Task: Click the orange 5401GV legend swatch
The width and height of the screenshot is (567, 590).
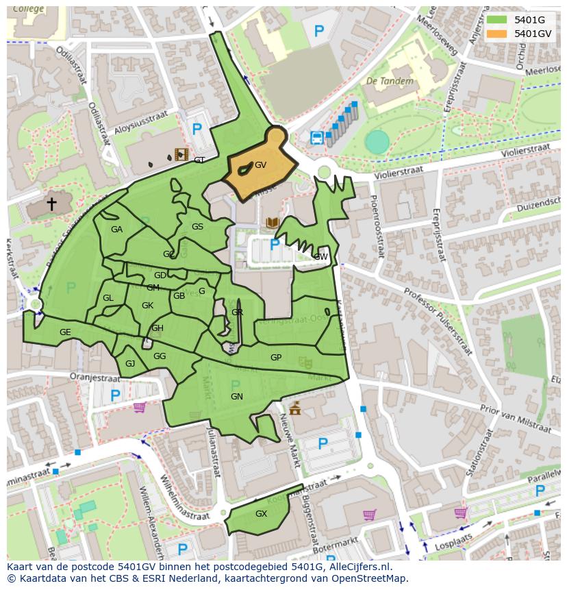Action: click(x=497, y=34)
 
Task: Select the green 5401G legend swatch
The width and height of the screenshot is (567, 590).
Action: click(x=497, y=20)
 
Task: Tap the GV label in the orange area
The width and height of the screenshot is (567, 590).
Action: click(x=260, y=165)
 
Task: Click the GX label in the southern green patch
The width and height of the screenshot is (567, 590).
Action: click(x=261, y=514)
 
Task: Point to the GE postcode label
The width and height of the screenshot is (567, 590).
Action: click(x=65, y=332)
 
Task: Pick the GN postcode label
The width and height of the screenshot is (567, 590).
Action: click(x=237, y=397)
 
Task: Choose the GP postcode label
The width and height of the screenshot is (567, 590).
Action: click(x=276, y=358)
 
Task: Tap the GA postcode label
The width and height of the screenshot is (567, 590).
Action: click(x=116, y=230)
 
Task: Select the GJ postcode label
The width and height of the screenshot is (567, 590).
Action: click(x=130, y=364)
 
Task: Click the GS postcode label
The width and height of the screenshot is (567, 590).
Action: click(x=197, y=227)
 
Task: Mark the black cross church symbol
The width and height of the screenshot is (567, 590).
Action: click(x=51, y=204)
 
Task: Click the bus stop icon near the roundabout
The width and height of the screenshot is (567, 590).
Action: click(x=317, y=138)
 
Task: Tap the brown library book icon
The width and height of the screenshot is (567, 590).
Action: click(x=272, y=223)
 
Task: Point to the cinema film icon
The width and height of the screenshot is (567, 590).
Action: click(x=181, y=154)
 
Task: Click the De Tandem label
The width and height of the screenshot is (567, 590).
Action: click(x=390, y=81)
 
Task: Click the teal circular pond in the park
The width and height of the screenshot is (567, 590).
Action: click(x=377, y=142)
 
